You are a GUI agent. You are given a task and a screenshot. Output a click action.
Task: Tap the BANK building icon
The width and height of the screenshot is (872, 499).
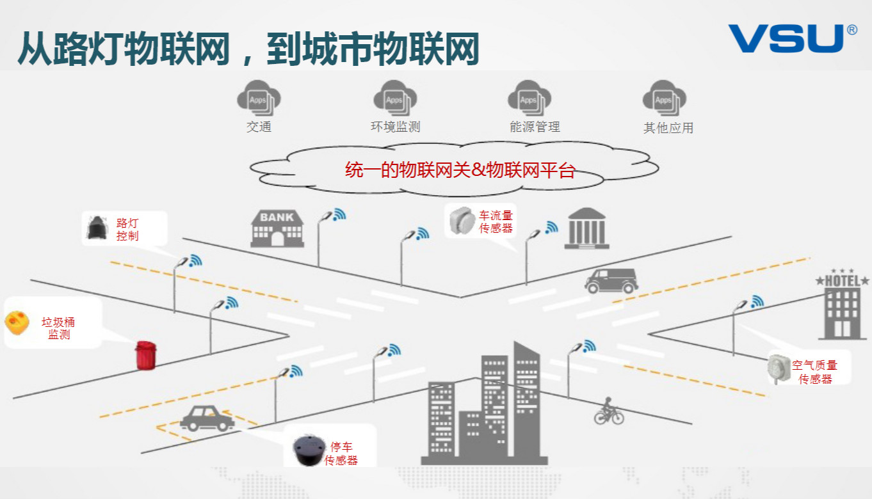coord(277,228)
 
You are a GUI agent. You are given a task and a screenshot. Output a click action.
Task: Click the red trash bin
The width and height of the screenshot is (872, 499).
coord(145,355)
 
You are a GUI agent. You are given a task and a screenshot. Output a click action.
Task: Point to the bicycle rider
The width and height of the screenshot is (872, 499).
coord(608,411)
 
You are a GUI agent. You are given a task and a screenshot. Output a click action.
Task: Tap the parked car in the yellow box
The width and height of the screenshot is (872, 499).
coord(207,418)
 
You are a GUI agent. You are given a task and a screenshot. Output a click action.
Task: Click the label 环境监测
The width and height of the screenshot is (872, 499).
coord(395,127)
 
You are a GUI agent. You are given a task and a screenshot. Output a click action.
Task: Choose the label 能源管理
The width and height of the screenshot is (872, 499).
coord(535,127)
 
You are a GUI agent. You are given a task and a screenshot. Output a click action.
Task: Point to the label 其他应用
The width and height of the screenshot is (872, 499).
coord(668,128)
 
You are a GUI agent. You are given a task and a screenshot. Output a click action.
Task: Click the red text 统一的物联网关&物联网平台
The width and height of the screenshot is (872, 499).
coord(460,170)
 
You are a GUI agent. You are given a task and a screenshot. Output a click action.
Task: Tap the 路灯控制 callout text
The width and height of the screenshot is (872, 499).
coord(127,229)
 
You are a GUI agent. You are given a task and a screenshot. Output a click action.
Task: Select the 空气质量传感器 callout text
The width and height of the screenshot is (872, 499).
coord(814,372)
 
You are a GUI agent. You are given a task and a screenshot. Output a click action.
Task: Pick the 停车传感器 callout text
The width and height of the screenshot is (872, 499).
coord(341,453)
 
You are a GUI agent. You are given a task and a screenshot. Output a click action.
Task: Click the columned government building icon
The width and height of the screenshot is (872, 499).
coord(586,228)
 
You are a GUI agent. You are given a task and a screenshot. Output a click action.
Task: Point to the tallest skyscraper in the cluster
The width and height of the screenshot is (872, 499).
coord(526,397)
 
